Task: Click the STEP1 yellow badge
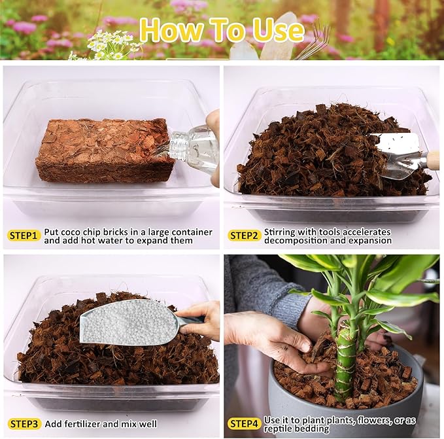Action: [x=24, y=236]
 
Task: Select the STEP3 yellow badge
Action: [x=24, y=423]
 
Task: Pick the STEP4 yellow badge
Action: [x=244, y=423]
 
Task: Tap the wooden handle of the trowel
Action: [x=432, y=160]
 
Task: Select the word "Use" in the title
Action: [x=275, y=30]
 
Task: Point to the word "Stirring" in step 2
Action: [x=281, y=232]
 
